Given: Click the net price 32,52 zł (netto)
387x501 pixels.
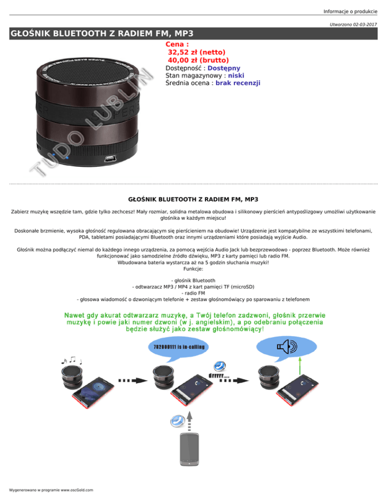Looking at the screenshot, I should click(197, 51).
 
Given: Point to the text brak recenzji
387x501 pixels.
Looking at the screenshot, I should click(238, 83).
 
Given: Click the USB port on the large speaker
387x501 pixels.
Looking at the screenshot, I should click(110, 159).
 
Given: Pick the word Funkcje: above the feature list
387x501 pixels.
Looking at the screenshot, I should click(193, 269).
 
